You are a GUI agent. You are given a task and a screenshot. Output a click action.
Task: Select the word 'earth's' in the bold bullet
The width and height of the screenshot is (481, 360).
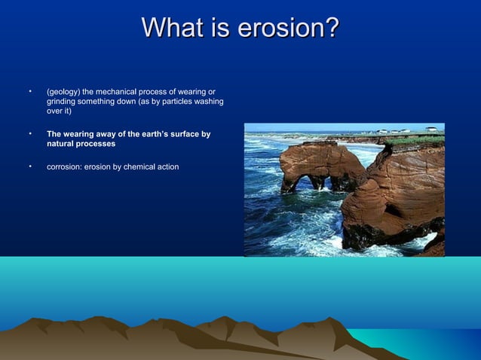click(155, 134)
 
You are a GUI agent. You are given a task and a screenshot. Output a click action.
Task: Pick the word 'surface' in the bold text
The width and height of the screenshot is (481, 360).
click(188, 134)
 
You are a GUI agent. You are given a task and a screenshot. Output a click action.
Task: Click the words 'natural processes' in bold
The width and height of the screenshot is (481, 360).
click(81, 143)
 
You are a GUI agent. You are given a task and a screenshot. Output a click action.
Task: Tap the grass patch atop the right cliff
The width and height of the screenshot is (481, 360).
click(414, 140)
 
